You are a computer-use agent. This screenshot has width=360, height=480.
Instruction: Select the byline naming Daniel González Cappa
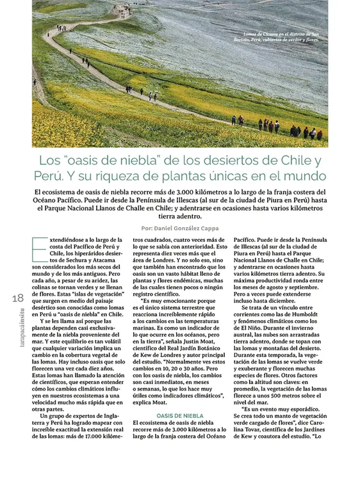point(181,228)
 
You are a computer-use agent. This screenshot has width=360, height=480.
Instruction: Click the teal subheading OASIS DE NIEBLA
point(180,415)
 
